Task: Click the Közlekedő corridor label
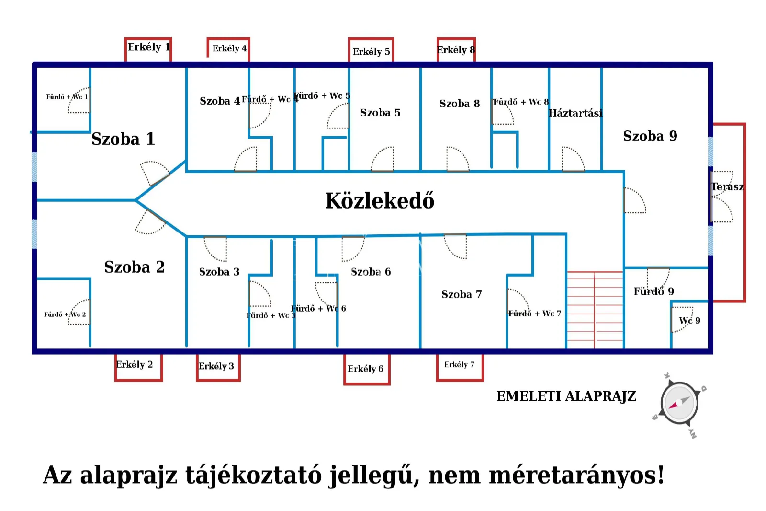point(380,201)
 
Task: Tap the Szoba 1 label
point(123,139)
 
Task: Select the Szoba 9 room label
point(650,136)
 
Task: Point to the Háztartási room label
point(575,114)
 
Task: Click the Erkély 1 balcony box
point(148,48)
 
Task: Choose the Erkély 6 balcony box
point(366,369)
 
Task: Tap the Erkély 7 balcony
point(459,366)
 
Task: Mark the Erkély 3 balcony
point(217,367)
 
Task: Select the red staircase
point(595,310)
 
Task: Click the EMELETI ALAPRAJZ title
point(566,396)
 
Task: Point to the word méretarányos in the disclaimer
point(576,475)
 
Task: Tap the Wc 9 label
point(689,321)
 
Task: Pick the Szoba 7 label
point(461,294)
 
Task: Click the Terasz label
point(727,187)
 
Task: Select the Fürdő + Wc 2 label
point(65,314)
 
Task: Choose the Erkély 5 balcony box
point(371,51)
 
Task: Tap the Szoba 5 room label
point(380,113)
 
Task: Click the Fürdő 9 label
point(653,291)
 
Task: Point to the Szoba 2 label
point(135,267)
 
